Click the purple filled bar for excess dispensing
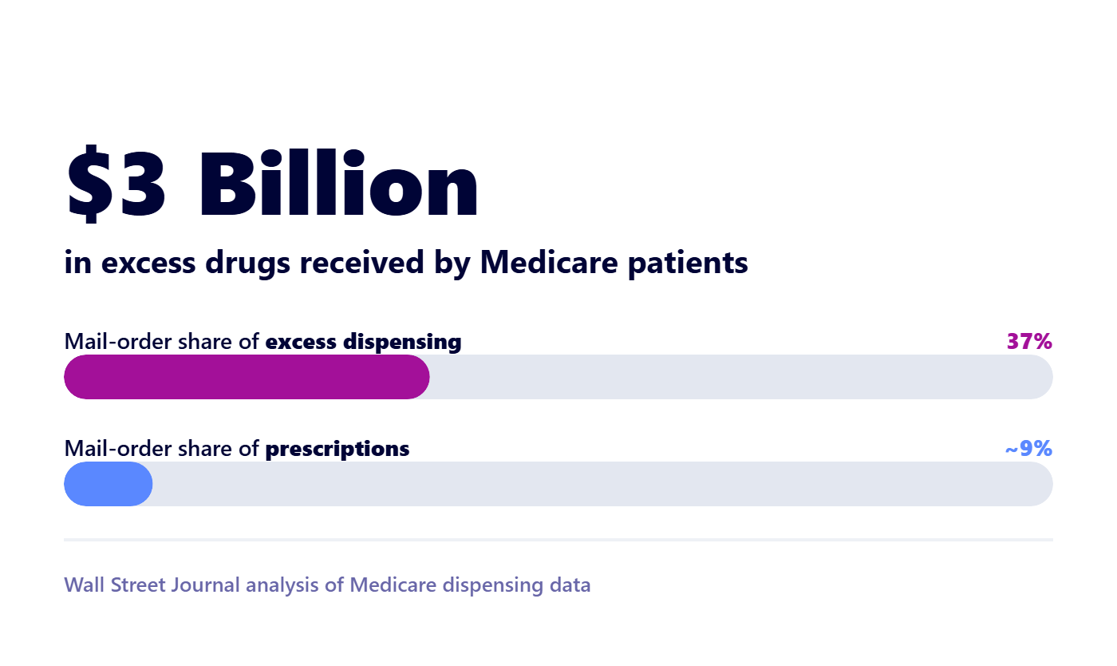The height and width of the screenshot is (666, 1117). [x=247, y=377]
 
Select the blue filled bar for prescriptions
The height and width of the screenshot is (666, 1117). [x=109, y=484]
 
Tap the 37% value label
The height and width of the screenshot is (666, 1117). [x=1029, y=342]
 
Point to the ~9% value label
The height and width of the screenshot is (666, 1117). [x=1028, y=448]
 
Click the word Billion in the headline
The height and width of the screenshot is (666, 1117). [x=339, y=183]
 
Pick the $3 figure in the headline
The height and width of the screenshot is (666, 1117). [x=116, y=183]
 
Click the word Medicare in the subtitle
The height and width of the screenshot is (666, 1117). [x=549, y=262]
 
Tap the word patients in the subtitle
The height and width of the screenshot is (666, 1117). [x=688, y=263]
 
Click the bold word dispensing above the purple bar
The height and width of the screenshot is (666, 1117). [x=402, y=343]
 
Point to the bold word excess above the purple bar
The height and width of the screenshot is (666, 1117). [x=301, y=343]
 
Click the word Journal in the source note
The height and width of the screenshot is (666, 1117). [x=205, y=585]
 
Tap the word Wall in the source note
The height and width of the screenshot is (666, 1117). [x=85, y=585]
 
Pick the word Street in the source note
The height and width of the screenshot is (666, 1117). [x=137, y=585]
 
